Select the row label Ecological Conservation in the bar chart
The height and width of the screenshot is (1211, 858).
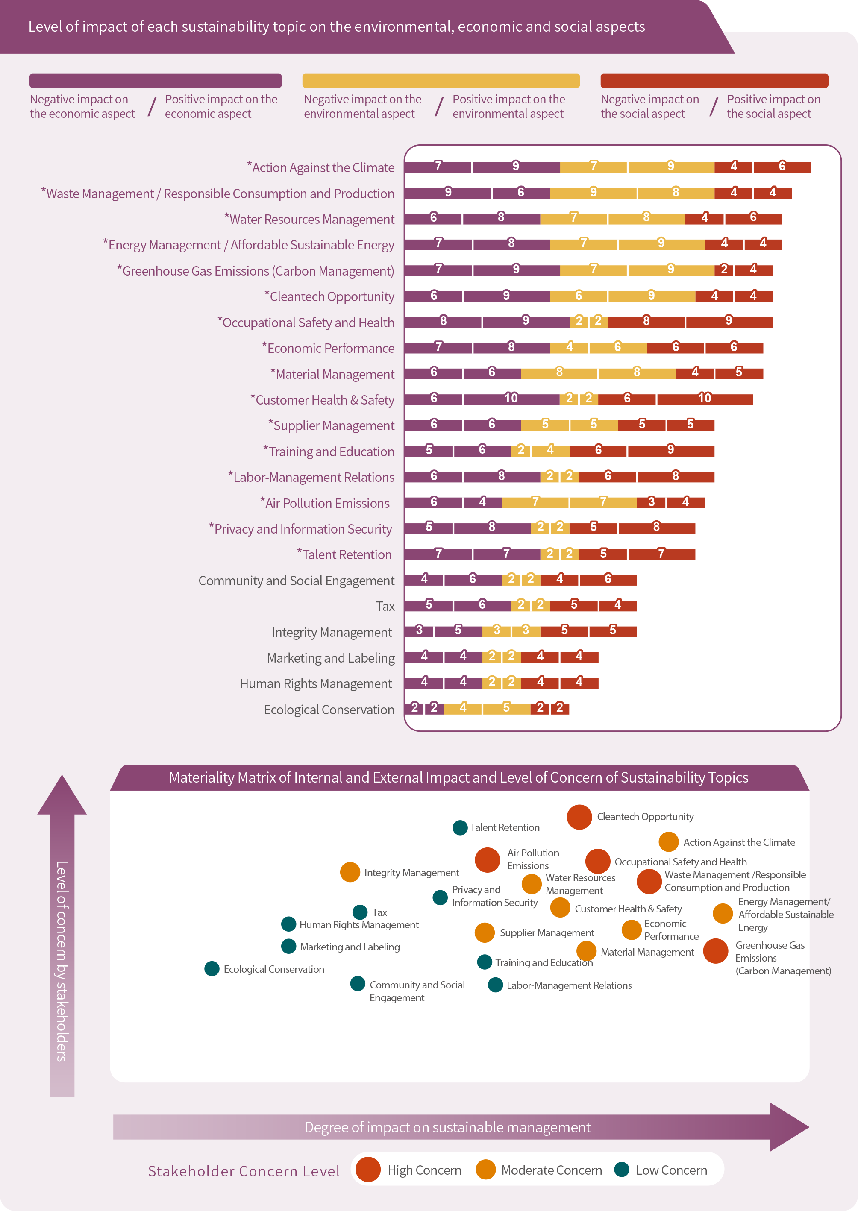tap(329, 710)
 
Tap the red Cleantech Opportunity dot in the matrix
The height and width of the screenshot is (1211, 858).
tap(579, 817)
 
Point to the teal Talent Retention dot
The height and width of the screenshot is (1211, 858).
tap(460, 827)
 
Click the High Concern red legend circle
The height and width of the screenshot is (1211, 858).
tap(368, 1170)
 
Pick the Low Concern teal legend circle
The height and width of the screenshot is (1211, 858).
tap(622, 1170)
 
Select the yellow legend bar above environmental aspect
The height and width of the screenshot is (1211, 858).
tap(441, 81)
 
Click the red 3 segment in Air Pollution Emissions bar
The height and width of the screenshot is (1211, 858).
tap(652, 502)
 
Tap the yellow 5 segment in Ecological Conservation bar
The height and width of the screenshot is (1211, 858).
tap(506, 708)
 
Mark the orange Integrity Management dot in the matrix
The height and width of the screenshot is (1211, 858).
tap(350, 872)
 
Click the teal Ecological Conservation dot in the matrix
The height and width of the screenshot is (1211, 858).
tap(212, 969)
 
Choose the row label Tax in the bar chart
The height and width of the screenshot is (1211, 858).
tap(385, 606)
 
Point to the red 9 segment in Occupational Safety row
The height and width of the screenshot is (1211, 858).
tap(729, 322)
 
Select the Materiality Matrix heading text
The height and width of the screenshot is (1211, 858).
tap(458, 777)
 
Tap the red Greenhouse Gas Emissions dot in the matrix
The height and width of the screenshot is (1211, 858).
tap(715, 951)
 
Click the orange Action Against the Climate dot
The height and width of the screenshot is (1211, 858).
tap(668, 842)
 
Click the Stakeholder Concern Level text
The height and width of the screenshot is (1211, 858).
tap(244, 1171)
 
